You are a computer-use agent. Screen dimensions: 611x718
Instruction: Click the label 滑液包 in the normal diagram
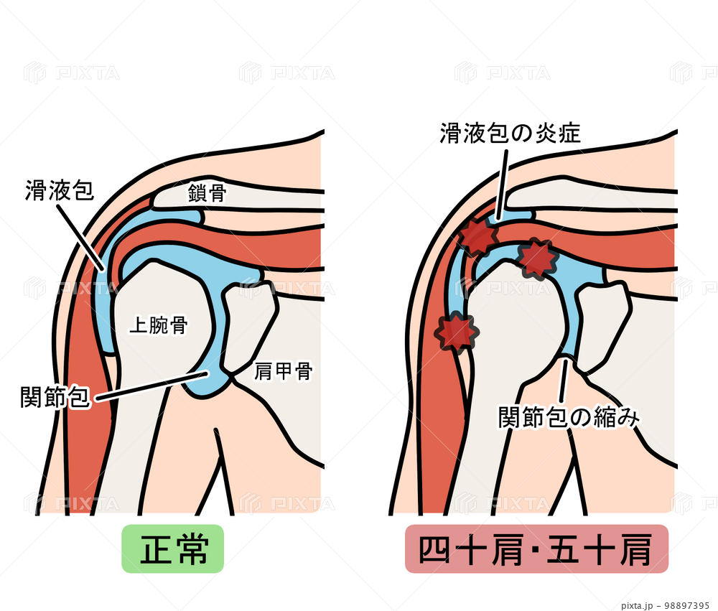pos(60,190)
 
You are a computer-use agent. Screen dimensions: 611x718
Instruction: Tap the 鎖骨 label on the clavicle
pos(208,192)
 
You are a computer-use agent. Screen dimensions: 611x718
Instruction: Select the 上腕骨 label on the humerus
pos(158,325)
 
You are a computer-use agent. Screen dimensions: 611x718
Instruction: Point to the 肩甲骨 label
pos(283,370)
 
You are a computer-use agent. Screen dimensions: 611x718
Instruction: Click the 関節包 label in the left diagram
pos(56,396)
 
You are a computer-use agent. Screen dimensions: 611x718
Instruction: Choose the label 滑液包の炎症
pos(510,133)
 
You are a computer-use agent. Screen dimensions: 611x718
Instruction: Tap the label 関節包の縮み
pos(568,417)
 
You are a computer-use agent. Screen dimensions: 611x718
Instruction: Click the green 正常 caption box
pos(173,549)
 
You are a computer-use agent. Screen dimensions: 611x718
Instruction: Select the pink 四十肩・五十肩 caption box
pos(536,549)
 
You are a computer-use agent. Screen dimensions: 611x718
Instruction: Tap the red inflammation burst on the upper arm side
pos(457,332)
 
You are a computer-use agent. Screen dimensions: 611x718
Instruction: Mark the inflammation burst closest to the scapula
pos(538,258)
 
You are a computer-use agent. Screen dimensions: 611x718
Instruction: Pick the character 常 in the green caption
pos(191,550)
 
